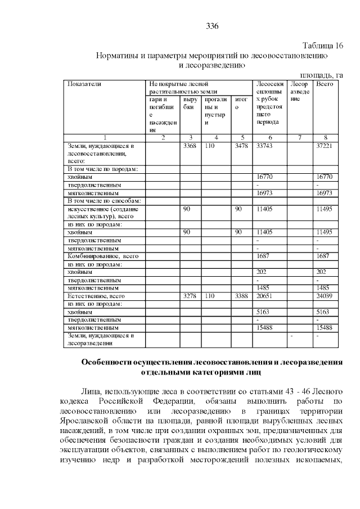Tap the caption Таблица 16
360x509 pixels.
click(322, 46)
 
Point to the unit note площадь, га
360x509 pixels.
click(321, 74)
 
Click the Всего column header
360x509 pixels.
click(325, 84)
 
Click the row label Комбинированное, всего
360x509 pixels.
click(102, 256)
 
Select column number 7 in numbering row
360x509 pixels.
click(299, 137)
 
